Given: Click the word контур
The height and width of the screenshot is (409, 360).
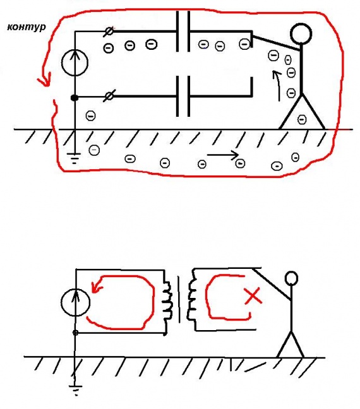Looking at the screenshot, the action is (x=27, y=27).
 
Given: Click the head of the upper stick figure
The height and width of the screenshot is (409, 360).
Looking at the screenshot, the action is (x=301, y=33).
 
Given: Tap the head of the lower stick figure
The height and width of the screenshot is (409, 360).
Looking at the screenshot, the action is (x=291, y=278).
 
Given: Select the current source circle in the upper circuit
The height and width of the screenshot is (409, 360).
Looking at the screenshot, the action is (x=75, y=62).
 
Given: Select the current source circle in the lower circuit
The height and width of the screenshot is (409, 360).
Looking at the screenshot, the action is (x=75, y=302).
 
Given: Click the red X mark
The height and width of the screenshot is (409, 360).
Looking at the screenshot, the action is (x=253, y=295).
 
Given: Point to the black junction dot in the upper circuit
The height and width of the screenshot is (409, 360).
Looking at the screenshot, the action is (x=75, y=98).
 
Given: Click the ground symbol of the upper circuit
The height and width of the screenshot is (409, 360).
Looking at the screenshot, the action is (x=74, y=158).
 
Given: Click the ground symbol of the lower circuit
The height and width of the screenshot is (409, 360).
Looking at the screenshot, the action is (x=75, y=389).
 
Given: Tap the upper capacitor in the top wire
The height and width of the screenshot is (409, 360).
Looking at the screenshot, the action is (x=183, y=32).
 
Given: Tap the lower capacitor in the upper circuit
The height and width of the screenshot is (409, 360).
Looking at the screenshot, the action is (x=183, y=96).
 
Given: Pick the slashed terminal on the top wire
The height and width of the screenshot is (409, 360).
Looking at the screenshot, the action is (x=109, y=32).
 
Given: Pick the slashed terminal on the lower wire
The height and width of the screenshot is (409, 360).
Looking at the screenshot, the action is (x=109, y=96).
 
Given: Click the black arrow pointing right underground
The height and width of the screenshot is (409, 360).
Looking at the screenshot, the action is (x=223, y=155).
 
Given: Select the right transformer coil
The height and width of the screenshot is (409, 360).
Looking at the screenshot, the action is (x=192, y=300).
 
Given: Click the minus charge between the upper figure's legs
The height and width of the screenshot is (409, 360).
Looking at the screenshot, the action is (x=302, y=119).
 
